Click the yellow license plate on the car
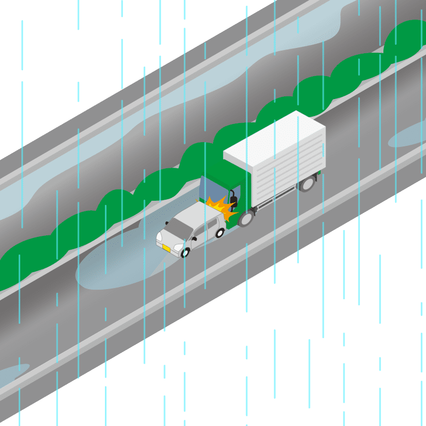point(166,248)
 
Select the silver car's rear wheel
point(219,233)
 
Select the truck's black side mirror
point(233,201)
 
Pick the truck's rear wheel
point(307,184)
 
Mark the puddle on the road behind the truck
point(407,136)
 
